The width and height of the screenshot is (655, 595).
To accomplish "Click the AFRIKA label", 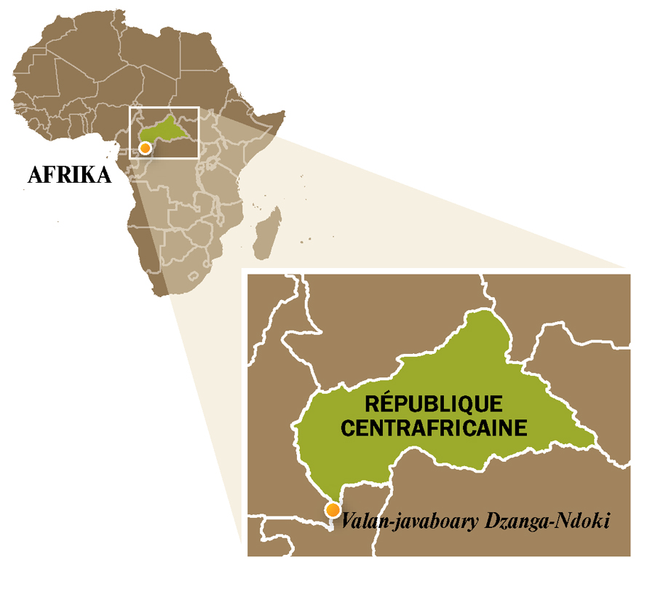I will pos(68,176).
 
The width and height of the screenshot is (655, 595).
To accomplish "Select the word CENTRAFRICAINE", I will pos(434,427).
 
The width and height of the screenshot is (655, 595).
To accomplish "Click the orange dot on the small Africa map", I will pos(146,148).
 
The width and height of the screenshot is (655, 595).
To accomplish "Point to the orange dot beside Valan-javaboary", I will pos(333,510).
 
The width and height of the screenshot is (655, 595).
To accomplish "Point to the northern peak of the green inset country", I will pos(482,312).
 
